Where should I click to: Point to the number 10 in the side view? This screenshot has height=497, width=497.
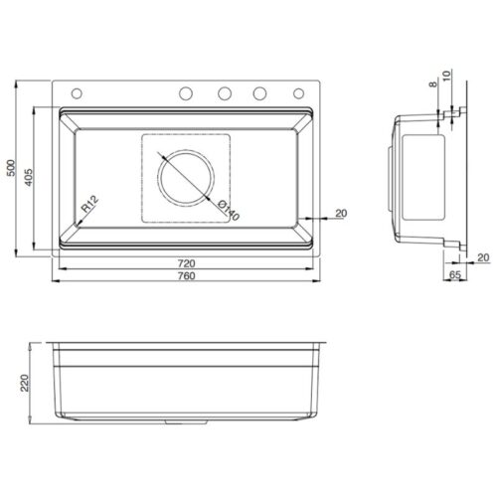(449, 78)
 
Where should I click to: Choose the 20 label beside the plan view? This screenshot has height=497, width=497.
(341, 213)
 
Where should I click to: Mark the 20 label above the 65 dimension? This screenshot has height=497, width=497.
(482, 257)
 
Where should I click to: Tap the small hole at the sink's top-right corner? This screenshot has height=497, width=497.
(298, 93)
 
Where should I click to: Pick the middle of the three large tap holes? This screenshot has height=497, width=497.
(224, 93)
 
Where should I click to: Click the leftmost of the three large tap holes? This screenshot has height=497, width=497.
(186, 93)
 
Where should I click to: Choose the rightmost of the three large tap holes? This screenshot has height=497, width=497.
(260, 93)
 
